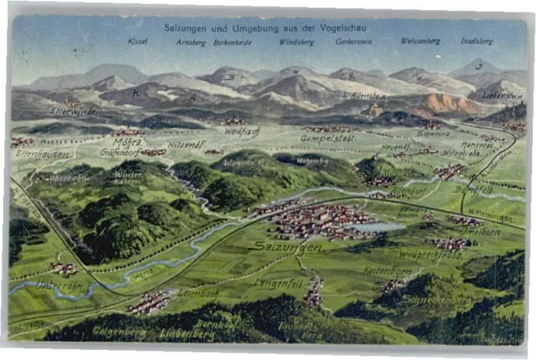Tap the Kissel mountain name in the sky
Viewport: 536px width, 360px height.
click(x=138, y=41)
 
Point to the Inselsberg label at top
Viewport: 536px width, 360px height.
click(x=476, y=41)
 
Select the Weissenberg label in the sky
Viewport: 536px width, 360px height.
click(x=420, y=41)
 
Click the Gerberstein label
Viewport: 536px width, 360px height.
click(x=354, y=41)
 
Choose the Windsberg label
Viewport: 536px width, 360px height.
click(x=296, y=41)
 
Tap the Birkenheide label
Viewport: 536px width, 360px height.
click(x=233, y=41)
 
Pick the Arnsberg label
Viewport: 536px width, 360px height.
click(x=191, y=41)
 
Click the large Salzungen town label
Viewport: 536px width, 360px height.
click(x=289, y=248)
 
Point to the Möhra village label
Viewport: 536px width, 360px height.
click(x=126, y=143)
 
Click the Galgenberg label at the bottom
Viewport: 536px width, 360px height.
click(x=119, y=331)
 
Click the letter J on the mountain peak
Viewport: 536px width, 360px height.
click(x=479, y=67)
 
